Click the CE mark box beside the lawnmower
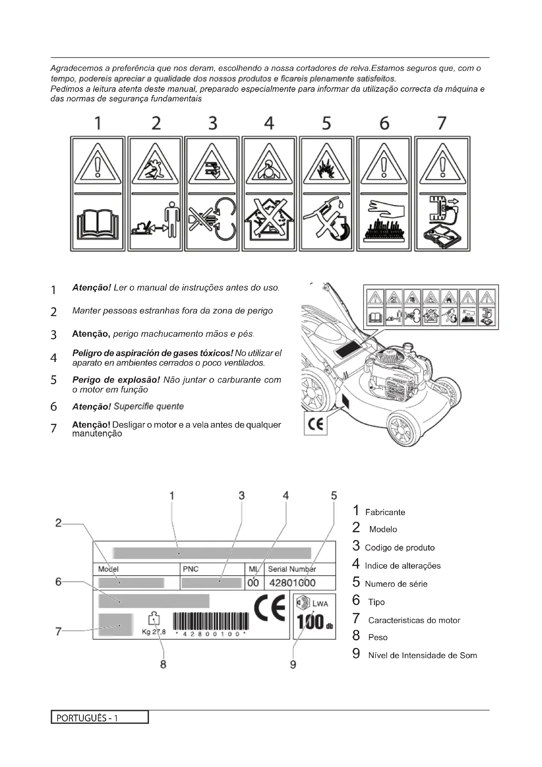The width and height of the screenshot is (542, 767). (x=315, y=424)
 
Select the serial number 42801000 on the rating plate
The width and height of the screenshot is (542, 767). (x=292, y=583)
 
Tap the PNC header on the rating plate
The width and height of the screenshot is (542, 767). (x=191, y=569)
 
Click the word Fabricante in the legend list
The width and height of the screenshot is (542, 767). (x=385, y=513)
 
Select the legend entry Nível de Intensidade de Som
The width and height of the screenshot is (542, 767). (x=422, y=656)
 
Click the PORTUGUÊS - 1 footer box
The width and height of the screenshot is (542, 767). (x=100, y=717)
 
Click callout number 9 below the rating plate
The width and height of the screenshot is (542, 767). (x=293, y=664)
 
